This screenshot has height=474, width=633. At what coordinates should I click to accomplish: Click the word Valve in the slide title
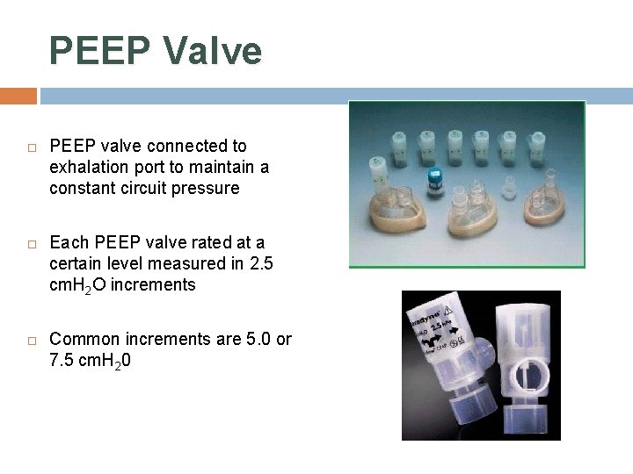pos(213,51)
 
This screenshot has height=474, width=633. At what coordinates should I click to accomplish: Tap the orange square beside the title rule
pos(18,95)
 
